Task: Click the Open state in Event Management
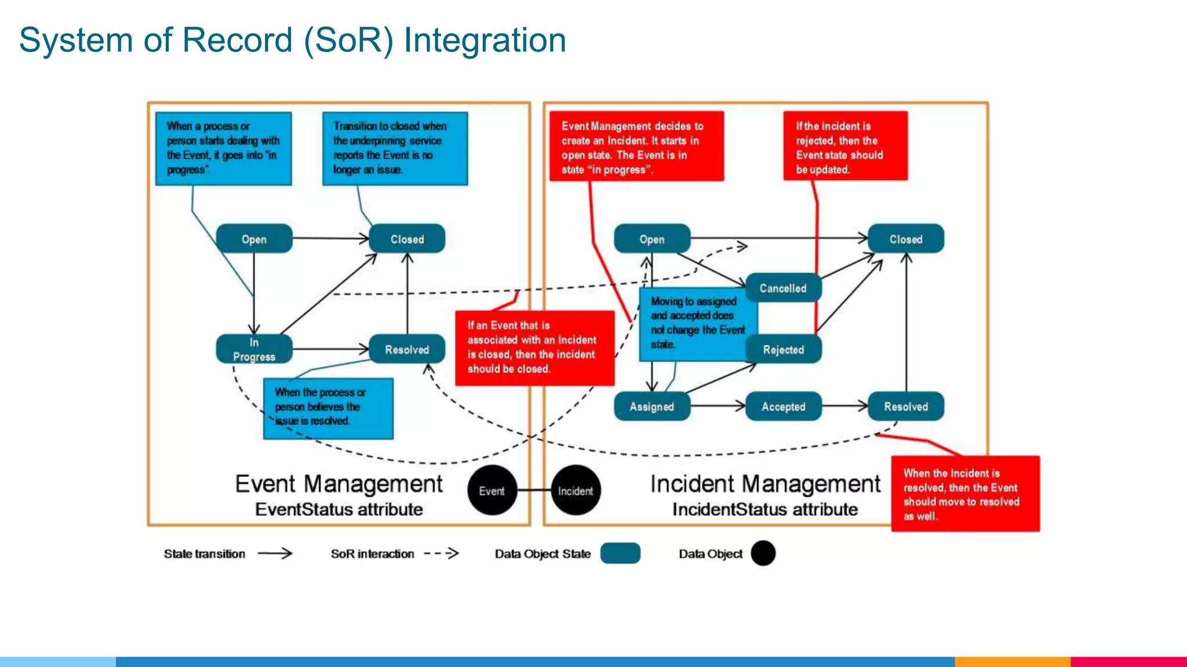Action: (x=254, y=239)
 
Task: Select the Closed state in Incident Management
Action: (x=905, y=239)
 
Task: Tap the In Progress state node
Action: (x=254, y=349)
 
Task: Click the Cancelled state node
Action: (x=783, y=288)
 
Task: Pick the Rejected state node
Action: (x=784, y=349)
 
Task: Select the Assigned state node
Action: (x=651, y=406)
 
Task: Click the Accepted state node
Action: (x=783, y=406)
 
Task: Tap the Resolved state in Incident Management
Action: (x=905, y=406)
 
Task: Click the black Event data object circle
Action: (x=491, y=490)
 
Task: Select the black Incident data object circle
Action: (x=576, y=490)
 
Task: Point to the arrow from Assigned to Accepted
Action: (x=718, y=406)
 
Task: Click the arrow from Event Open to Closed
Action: (x=330, y=238)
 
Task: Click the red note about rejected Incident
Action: (x=845, y=146)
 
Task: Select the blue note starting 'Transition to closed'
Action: (x=395, y=148)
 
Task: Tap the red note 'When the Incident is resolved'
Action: (x=965, y=494)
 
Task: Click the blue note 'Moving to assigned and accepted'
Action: (x=697, y=323)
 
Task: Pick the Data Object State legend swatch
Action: (x=620, y=554)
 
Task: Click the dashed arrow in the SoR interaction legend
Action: (x=442, y=554)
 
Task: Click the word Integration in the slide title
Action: (x=485, y=41)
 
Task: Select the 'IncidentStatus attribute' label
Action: (x=764, y=510)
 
